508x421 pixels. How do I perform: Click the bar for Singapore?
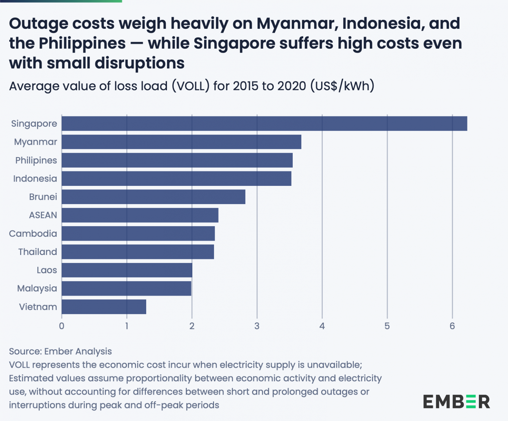(264, 124)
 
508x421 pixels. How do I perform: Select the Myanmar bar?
(181, 142)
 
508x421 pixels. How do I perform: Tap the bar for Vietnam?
(104, 307)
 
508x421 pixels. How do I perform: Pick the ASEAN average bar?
(140, 215)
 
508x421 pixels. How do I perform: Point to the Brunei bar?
(153, 197)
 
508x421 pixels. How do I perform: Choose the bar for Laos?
(127, 270)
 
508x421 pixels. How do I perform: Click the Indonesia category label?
(35, 179)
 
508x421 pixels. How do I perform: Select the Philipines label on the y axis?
(36, 160)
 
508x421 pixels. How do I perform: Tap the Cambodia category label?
(33, 233)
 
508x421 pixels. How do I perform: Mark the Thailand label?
(38, 252)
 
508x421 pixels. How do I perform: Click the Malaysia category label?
(37, 288)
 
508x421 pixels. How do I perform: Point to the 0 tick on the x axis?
(62, 326)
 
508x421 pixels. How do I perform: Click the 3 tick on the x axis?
(257, 326)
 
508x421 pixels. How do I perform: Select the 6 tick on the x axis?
(452, 326)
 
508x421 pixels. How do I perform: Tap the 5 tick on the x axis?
(387, 326)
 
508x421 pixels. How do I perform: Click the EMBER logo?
(456, 402)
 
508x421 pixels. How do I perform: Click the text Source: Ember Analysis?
(61, 351)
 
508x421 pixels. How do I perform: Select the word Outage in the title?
(38, 24)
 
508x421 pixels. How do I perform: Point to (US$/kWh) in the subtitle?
(342, 86)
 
